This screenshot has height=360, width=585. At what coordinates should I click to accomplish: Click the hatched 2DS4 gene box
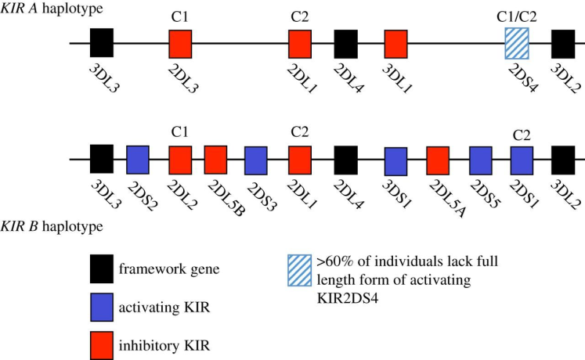point(517,43)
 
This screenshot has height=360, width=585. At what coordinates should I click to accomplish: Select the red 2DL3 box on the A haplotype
point(181,44)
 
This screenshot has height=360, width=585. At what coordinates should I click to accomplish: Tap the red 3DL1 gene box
point(395,44)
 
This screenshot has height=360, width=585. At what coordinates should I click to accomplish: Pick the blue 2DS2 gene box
point(138,160)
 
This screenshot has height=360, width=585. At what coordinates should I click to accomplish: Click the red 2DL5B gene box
point(215,160)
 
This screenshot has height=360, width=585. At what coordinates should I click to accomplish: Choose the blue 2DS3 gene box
point(256,160)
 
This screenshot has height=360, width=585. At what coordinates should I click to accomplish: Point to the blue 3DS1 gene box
point(395,161)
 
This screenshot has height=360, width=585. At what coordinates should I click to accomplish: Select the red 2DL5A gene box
point(438,160)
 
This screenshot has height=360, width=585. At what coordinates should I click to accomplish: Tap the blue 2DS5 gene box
point(481,160)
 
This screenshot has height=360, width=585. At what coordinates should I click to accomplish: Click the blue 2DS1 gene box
point(522,160)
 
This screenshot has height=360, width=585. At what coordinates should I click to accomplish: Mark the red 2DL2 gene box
point(181,160)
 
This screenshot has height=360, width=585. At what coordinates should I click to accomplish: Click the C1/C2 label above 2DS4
point(517,16)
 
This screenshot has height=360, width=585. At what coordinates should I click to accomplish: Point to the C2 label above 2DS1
point(522,135)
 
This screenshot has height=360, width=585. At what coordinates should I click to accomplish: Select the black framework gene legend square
point(102,269)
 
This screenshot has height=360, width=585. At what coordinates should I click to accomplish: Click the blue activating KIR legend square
point(102,308)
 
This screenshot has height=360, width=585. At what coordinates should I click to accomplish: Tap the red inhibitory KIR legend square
point(102,345)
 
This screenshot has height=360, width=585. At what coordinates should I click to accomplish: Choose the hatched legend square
point(300,271)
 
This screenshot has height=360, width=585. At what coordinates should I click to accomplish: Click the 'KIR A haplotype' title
point(52,8)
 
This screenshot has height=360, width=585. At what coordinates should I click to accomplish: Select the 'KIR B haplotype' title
point(52,226)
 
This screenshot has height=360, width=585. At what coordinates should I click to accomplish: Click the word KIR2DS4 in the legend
point(348,298)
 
